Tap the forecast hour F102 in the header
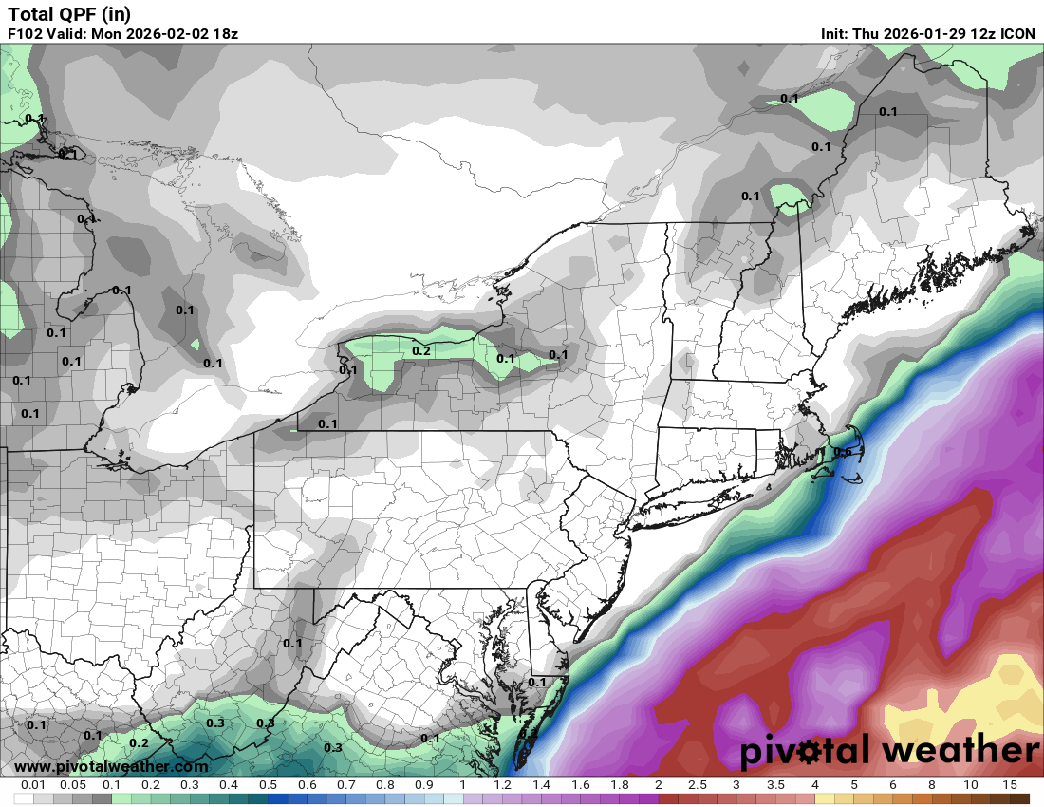[x=26, y=33]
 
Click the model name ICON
[x=1016, y=33]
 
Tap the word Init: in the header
[x=835, y=33]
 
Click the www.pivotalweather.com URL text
[x=111, y=766]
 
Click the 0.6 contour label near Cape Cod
[x=842, y=452]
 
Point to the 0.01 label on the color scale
[x=34, y=785]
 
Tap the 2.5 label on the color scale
[x=698, y=785]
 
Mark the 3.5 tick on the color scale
[x=775, y=785]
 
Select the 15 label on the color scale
[x=1009, y=785]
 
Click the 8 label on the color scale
[x=931, y=785]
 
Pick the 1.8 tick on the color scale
[x=620, y=785]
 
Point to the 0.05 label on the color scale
[x=73, y=785]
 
